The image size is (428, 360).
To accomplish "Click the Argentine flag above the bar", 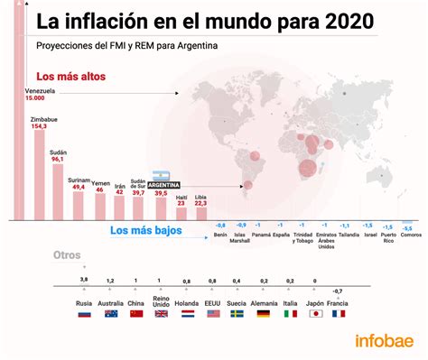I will (x=162, y=176).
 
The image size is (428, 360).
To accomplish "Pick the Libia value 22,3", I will (x=200, y=204).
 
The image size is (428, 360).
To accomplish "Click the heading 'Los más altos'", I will (x=70, y=77).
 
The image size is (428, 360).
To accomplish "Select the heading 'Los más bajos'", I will (x=145, y=231).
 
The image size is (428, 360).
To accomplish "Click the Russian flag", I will (x=85, y=314).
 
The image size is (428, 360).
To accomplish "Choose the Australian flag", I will (x=111, y=314).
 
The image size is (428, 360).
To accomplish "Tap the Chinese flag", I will (x=136, y=314).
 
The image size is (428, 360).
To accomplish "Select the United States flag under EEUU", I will (x=214, y=314).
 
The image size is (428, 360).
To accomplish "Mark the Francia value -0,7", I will (x=338, y=291).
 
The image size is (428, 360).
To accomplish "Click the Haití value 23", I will (x=181, y=204).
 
